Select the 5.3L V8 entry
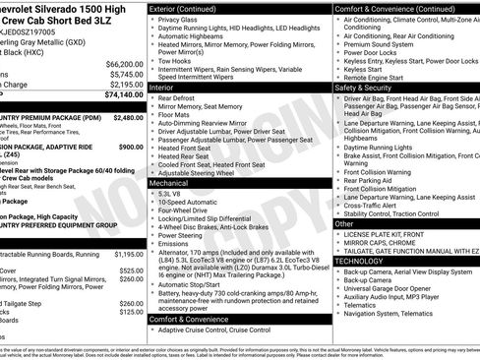173,194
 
